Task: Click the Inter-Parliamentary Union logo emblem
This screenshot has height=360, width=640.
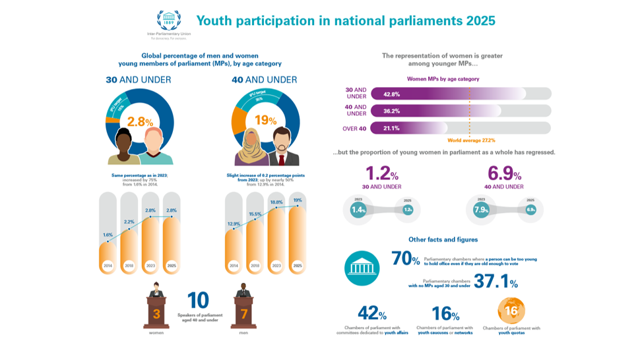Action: pyautogui.click(x=166, y=20)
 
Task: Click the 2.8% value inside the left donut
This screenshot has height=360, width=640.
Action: pyautogui.click(x=140, y=121)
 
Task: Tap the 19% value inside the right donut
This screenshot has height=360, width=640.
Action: pyautogui.click(x=266, y=121)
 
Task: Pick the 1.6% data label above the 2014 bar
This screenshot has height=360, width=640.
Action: pyautogui.click(x=108, y=235)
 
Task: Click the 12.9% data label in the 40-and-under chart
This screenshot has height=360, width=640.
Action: pyautogui.click(x=234, y=224)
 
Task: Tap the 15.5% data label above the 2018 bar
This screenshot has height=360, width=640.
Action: pyautogui.click(x=255, y=215)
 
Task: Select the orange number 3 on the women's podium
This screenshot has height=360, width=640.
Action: pyautogui.click(x=156, y=315)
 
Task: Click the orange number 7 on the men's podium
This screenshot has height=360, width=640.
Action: pyautogui.click(x=243, y=315)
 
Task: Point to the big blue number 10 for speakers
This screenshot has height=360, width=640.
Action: pyautogui.click(x=198, y=301)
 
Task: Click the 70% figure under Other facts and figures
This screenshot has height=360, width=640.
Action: pyautogui.click(x=405, y=258)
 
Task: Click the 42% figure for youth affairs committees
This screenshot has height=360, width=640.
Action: pyautogui.click(x=371, y=313)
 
